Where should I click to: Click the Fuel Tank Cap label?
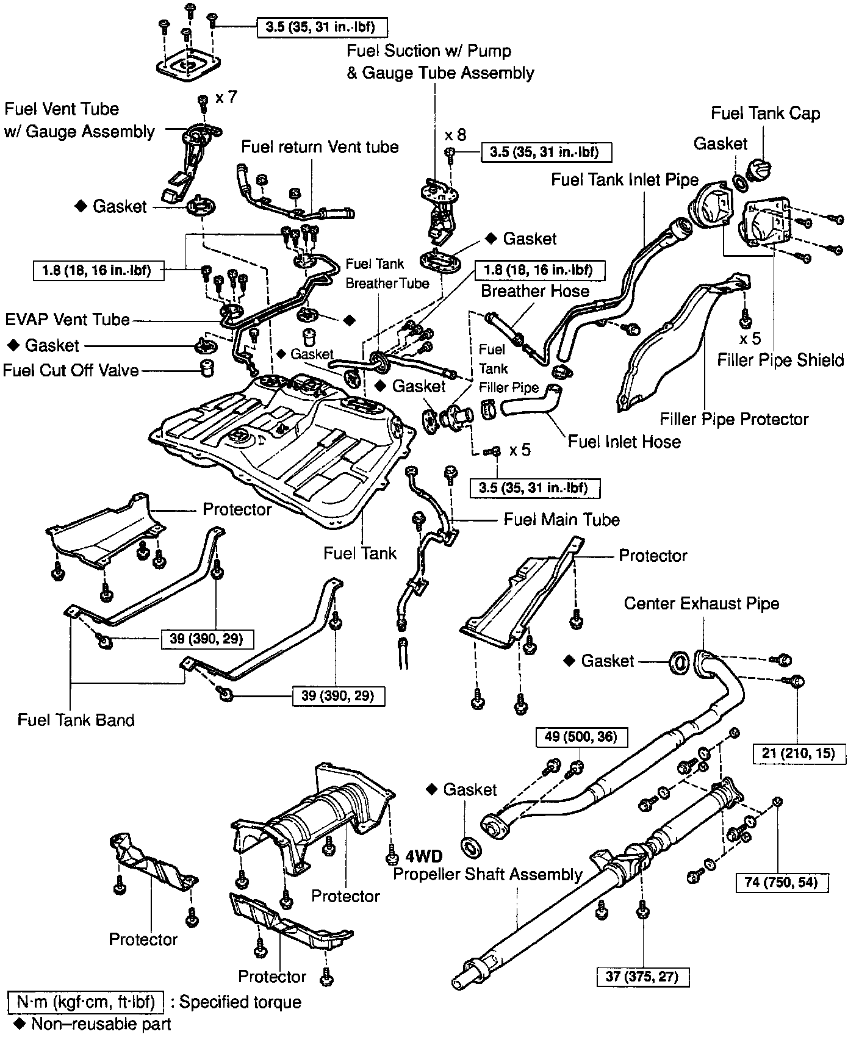(765, 113)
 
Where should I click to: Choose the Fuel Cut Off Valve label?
(71, 370)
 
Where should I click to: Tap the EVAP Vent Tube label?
(67, 320)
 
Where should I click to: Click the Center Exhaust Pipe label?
(701, 603)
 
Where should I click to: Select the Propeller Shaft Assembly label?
(487, 874)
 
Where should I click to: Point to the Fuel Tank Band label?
(76, 720)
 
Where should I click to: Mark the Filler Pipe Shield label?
(780, 360)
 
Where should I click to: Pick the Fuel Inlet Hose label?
(624, 441)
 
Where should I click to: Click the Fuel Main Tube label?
(561, 520)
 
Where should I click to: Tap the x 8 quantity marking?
(455, 134)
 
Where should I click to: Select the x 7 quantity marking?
(226, 98)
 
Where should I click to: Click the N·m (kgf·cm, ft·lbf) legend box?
(85, 1002)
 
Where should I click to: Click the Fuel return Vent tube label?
(320, 147)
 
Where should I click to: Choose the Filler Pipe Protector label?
(734, 419)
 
